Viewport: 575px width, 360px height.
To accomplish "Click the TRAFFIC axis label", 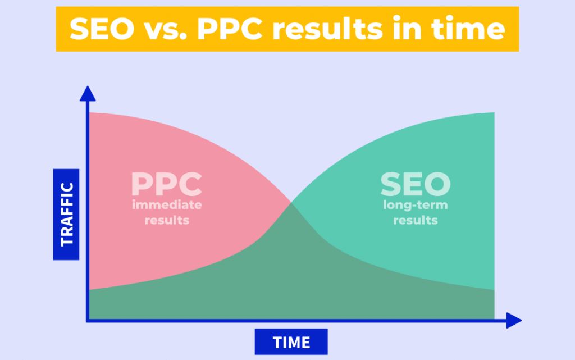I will point(67,214).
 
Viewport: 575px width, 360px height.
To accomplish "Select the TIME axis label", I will point(291,342).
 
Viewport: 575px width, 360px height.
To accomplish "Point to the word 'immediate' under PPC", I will point(167,205).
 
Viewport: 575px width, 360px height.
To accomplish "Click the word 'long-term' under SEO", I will point(416,205).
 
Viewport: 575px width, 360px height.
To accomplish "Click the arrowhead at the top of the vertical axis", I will point(88,93).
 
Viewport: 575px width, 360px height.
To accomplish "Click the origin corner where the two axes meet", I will point(88,321).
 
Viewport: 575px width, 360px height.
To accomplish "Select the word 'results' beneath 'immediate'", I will point(167,220).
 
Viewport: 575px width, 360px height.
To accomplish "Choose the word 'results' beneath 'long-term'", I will point(416,220).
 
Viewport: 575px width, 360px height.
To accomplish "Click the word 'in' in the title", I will point(407,29).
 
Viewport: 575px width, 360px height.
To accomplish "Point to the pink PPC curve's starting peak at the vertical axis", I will point(90,113).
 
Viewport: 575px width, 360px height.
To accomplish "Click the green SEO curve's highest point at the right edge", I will point(493,113).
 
